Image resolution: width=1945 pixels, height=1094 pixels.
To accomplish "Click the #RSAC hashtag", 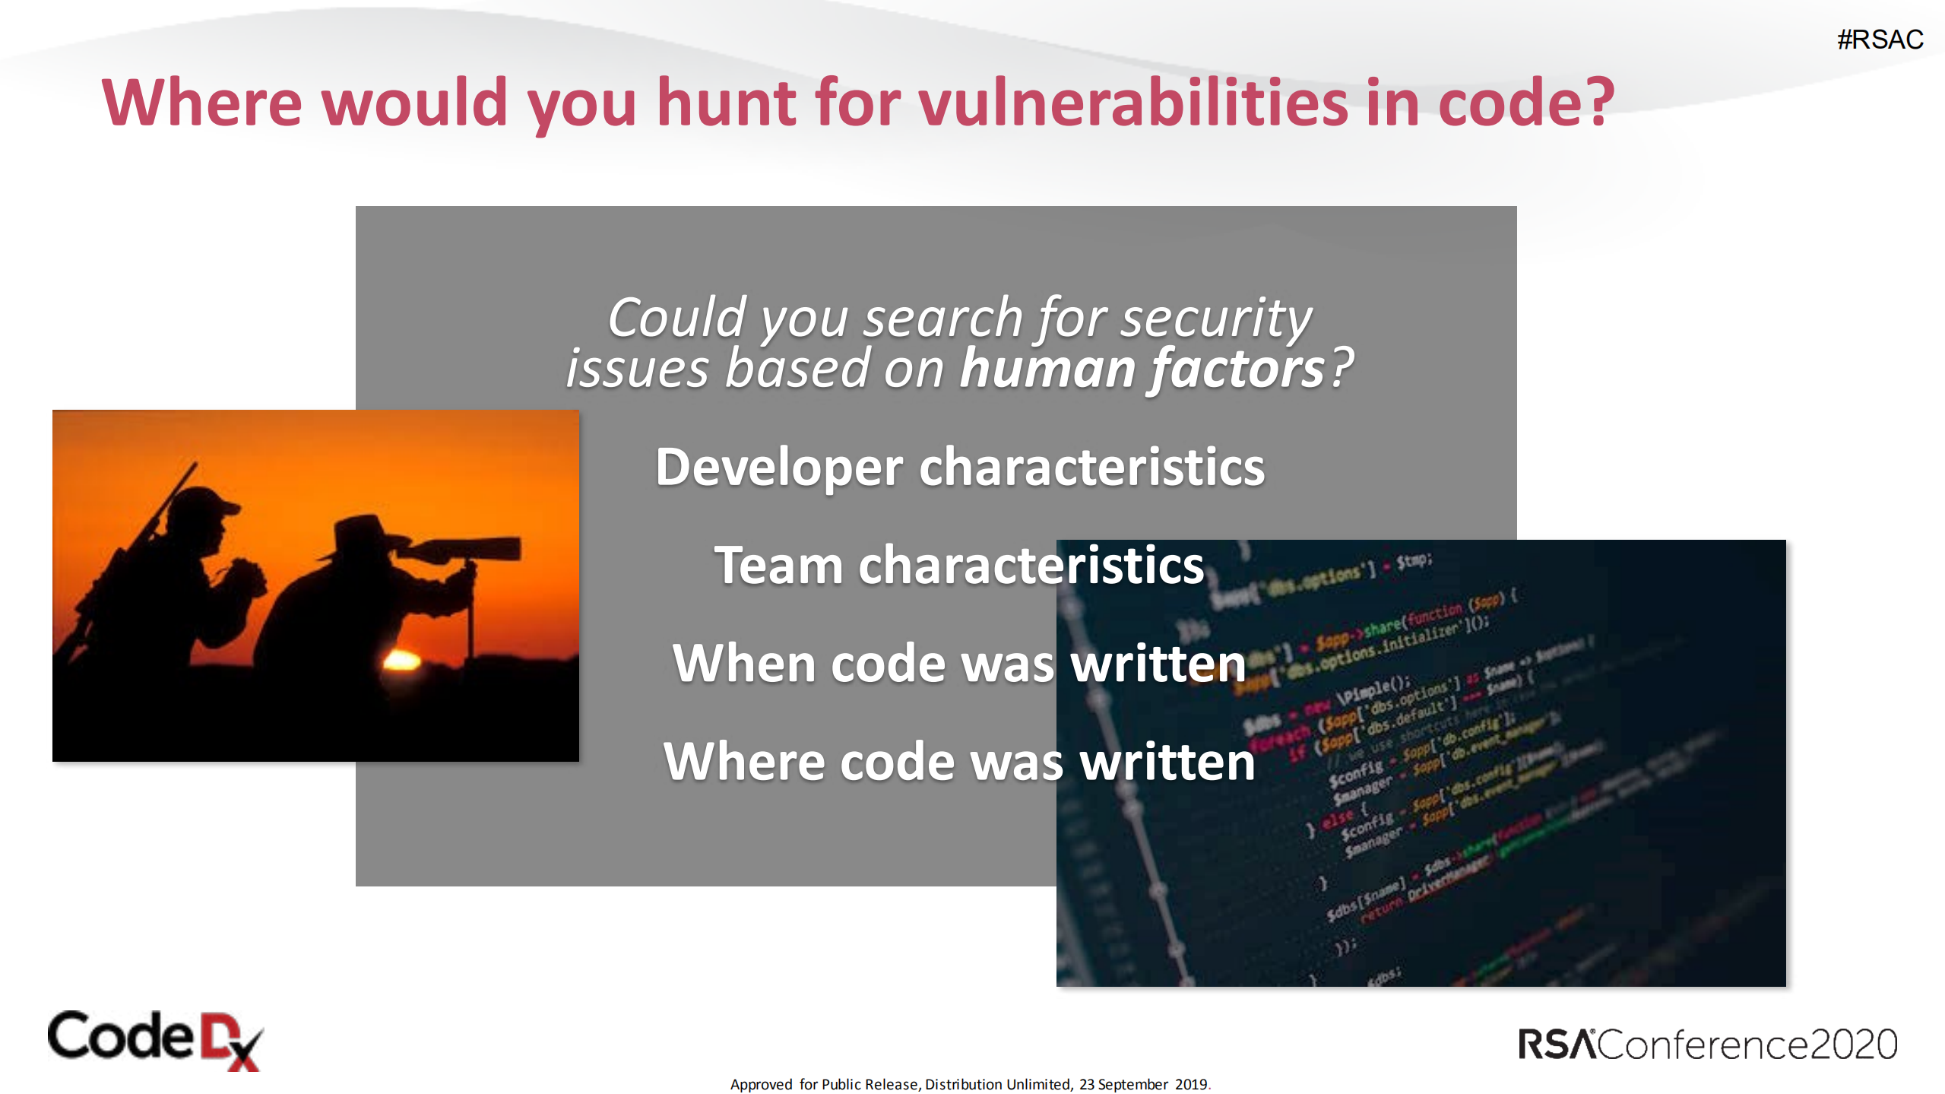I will [x=1880, y=40].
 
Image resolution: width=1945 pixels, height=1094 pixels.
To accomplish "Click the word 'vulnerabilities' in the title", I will [x=1132, y=103].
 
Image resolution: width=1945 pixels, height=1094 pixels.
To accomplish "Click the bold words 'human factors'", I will [x=1142, y=369].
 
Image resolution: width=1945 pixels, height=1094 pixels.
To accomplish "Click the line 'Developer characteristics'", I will [x=960, y=467].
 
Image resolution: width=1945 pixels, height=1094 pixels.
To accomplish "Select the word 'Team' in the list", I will [x=778, y=566].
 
